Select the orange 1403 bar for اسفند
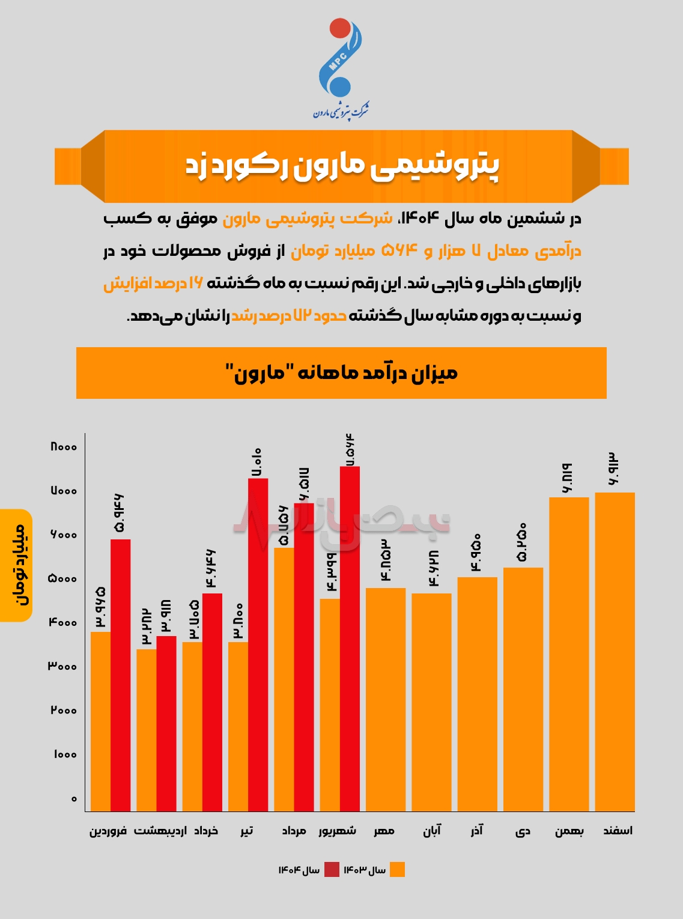(615, 652)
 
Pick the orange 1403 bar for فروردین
(100, 721)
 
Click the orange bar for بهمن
(569, 654)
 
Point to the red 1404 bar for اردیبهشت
(166, 723)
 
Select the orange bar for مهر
(386, 699)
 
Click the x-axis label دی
(523, 831)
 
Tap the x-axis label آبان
(432, 831)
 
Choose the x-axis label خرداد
(205, 831)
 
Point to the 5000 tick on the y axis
(62, 579)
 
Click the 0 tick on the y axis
(74, 799)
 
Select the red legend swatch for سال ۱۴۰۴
(332, 869)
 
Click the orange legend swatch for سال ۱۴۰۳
(397, 869)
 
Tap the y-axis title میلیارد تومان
(16, 565)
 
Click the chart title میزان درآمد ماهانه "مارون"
(341, 373)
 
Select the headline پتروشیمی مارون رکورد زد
(341, 166)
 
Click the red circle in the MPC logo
(340, 28)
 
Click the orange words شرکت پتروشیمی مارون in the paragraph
(308, 219)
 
